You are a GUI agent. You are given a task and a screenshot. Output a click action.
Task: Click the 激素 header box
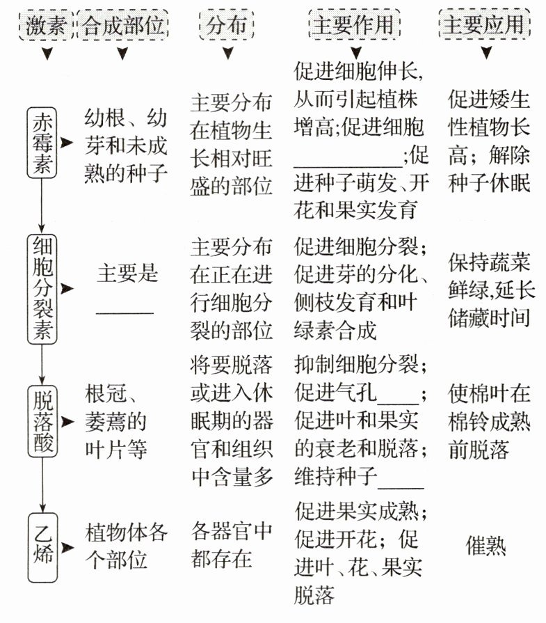pyautogui.click(x=47, y=26)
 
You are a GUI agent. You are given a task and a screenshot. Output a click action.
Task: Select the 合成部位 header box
pyautogui.click(x=124, y=26)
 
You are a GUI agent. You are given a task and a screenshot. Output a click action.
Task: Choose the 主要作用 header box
pyautogui.click(x=353, y=26)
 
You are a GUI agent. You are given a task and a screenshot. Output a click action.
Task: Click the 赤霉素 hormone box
pyautogui.click(x=42, y=143)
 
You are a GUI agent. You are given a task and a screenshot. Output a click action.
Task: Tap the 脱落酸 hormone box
pyautogui.click(x=42, y=422)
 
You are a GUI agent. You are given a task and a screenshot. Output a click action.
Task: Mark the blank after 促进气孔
pyautogui.click(x=398, y=401)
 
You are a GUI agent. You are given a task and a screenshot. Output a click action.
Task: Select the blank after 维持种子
pyautogui.click(x=400, y=486)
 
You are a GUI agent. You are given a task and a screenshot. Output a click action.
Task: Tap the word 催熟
pyautogui.click(x=486, y=546)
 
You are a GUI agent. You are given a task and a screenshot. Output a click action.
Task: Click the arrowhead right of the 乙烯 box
pyautogui.click(x=67, y=547)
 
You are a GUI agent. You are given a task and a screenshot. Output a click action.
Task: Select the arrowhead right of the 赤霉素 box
pyautogui.click(x=67, y=143)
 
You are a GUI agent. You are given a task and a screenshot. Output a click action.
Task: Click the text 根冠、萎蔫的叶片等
pyautogui.click(x=116, y=422)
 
